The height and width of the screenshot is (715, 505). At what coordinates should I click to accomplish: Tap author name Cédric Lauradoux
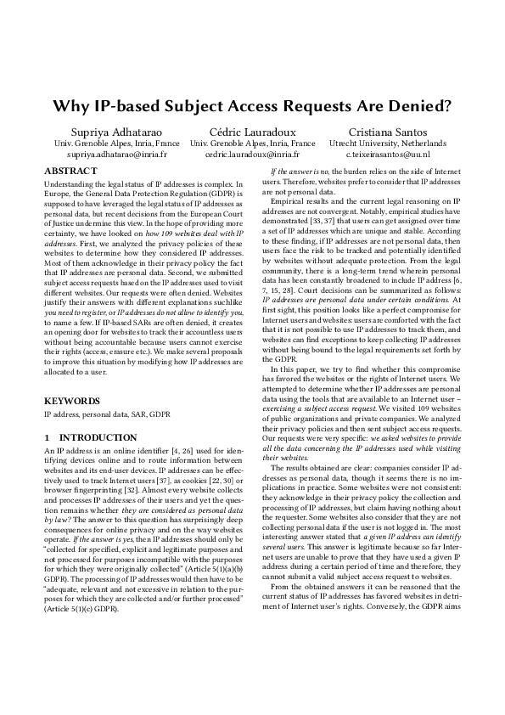click(x=252, y=132)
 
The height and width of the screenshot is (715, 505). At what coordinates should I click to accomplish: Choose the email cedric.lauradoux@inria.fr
click(x=252, y=155)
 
